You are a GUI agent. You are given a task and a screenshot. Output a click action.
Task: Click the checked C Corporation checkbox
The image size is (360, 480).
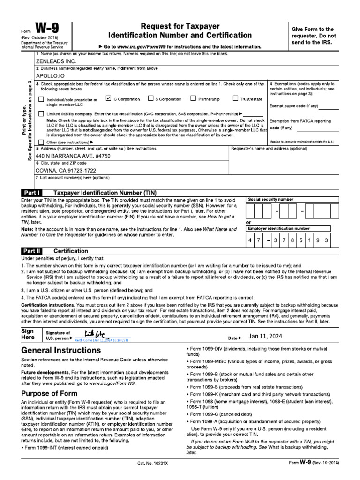pyautogui.click(x=109, y=98)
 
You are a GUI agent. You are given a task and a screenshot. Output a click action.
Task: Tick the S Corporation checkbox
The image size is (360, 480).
pyautogui.click(x=151, y=98)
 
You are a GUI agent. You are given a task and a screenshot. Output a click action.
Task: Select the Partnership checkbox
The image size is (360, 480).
pyautogui.click(x=193, y=98)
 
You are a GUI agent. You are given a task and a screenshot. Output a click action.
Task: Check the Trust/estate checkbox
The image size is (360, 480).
pyautogui.click(x=236, y=98)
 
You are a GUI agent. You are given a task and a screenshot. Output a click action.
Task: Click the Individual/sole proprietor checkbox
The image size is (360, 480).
pyautogui.click(x=41, y=99)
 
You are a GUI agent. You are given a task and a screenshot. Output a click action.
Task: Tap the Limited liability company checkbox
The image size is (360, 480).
pyautogui.click(x=41, y=114)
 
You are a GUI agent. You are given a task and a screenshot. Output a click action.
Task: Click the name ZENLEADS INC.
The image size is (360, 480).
pyautogui.click(x=56, y=61)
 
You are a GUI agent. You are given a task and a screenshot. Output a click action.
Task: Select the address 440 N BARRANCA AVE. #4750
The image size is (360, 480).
pyautogui.click(x=73, y=156)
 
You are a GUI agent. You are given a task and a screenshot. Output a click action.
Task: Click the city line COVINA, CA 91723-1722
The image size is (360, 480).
pyautogui.click(x=66, y=170)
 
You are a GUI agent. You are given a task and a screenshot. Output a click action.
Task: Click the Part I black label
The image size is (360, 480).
pyautogui.click(x=32, y=193)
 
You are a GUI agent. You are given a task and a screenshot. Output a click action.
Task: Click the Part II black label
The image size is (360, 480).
pyautogui.click(x=32, y=251)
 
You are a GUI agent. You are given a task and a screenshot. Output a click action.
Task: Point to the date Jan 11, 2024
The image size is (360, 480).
pyautogui.click(x=266, y=336)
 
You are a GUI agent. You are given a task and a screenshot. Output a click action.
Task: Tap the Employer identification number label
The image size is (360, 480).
pyautogui.click(x=279, y=228)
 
